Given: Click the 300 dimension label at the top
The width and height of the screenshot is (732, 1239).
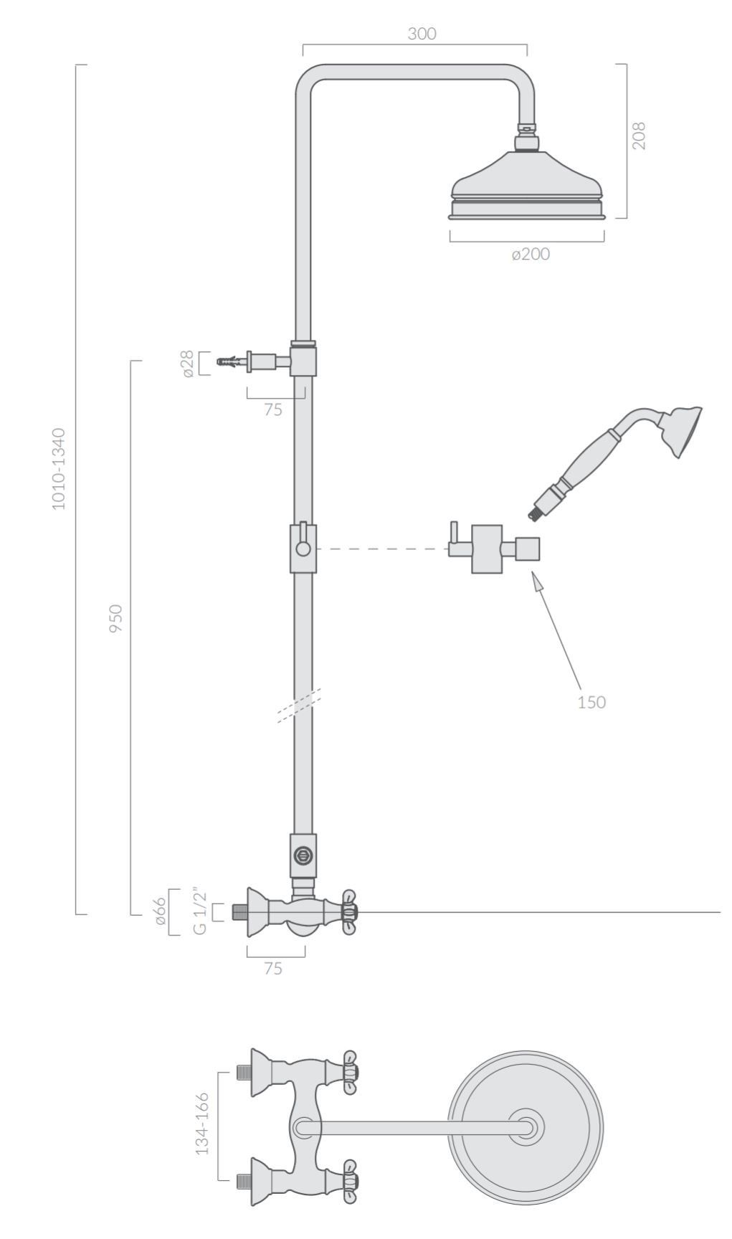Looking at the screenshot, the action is (x=422, y=34).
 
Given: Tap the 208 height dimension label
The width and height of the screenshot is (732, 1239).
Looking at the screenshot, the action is (x=639, y=136).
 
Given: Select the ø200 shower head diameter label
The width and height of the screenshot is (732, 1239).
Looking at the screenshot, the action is (x=531, y=254).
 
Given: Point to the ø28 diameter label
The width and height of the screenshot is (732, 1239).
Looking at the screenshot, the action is (x=188, y=364).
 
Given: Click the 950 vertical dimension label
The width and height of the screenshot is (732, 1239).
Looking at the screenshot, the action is (x=115, y=618).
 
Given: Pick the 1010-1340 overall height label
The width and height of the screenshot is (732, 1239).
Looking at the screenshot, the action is (x=59, y=469).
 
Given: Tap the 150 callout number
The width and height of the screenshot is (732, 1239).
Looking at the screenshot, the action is (x=591, y=702).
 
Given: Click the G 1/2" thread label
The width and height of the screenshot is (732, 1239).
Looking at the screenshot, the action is (x=199, y=912).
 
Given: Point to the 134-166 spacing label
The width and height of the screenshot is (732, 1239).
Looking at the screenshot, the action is (x=202, y=1124).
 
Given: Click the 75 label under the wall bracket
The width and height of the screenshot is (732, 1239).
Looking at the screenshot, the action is (x=272, y=410).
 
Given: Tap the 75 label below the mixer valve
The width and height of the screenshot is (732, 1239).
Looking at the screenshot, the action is (x=272, y=969).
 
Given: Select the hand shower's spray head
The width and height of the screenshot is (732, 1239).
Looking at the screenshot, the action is (x=682, y=431).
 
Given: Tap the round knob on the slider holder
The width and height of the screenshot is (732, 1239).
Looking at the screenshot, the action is (x=304, y=549).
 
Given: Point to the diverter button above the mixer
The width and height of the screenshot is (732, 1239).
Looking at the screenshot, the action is (x=303, y=855).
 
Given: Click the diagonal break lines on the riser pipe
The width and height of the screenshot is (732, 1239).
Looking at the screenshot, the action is (x=299, y=706).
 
